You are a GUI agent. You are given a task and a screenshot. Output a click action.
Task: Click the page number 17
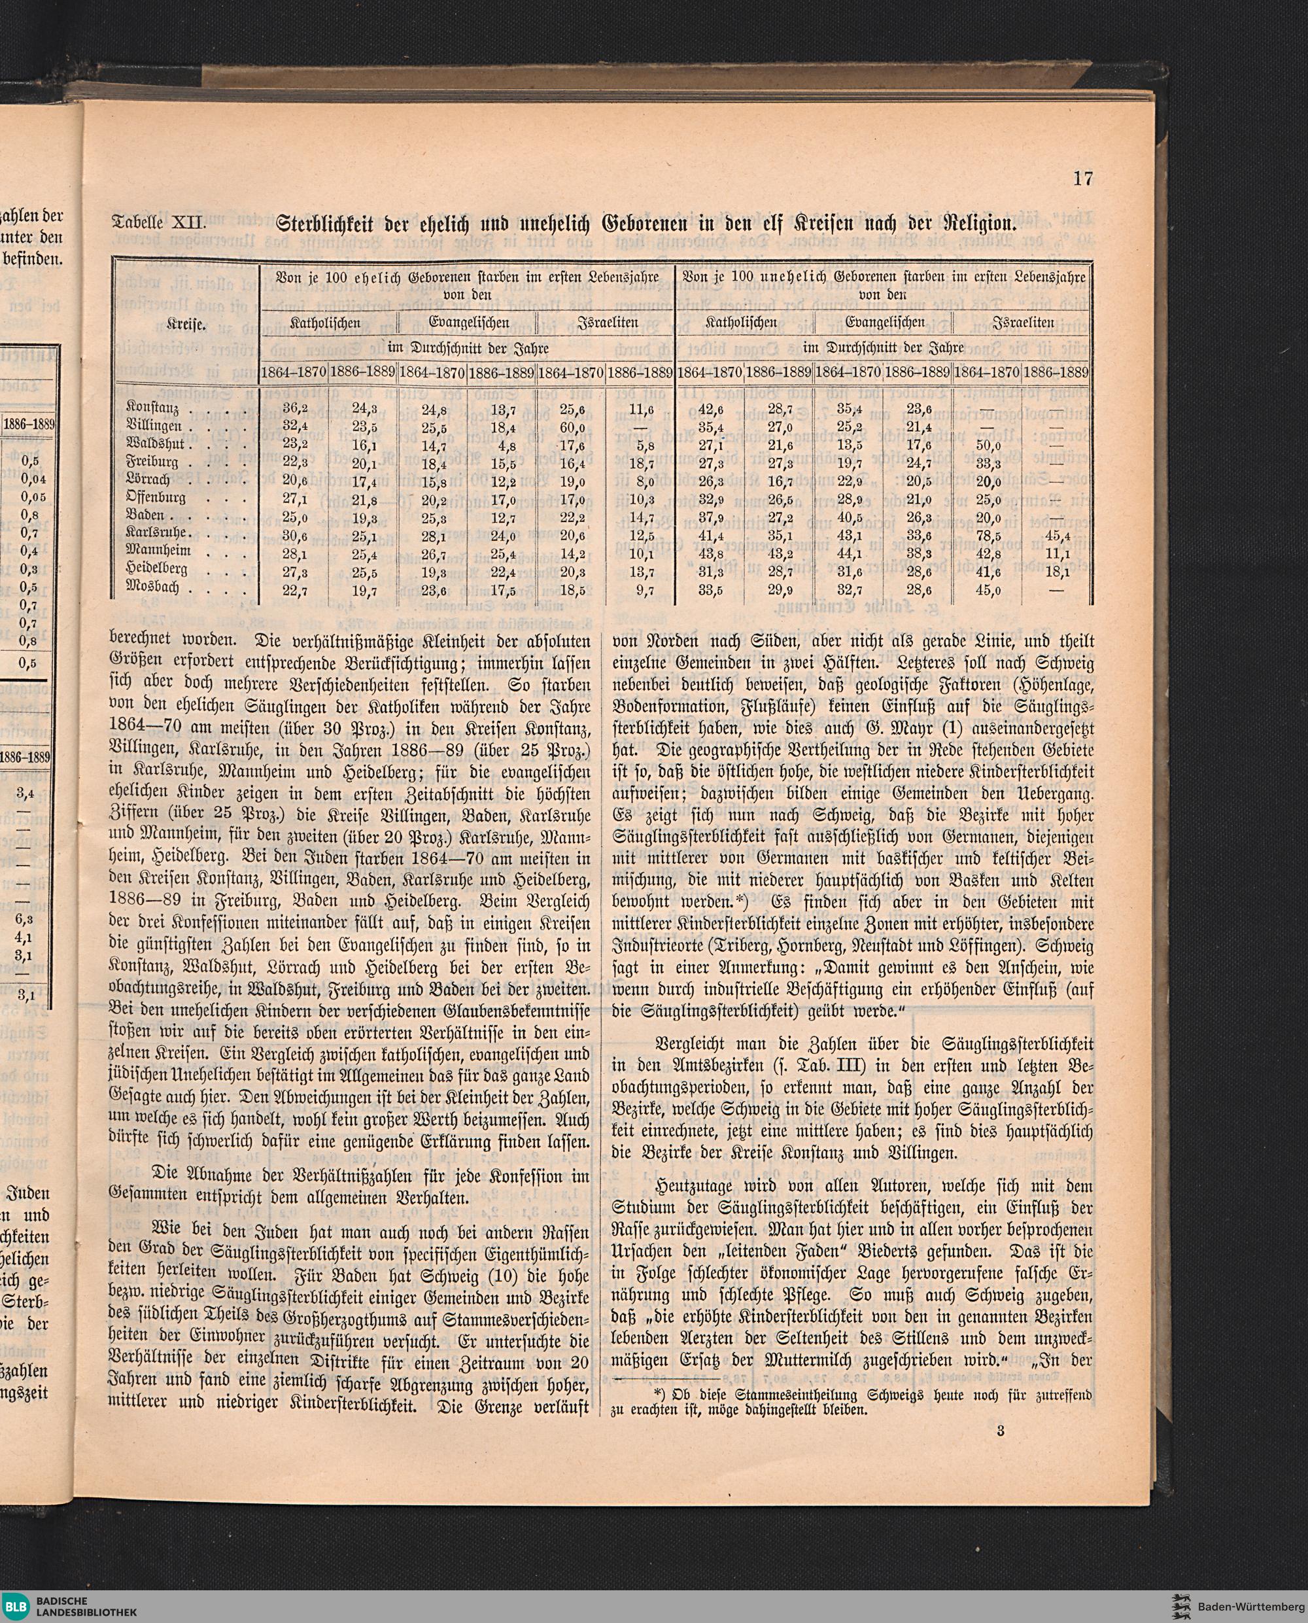[1083, 179]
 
